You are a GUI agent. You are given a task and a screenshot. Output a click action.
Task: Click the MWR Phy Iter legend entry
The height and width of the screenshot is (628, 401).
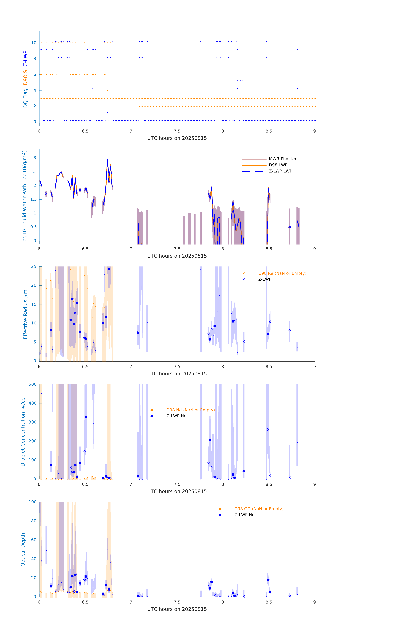(x=282, y=159)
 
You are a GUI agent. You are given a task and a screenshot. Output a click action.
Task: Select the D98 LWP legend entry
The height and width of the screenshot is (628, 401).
(x=278, y=165)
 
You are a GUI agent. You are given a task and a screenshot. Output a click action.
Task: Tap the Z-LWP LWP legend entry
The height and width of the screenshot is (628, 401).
(x=280, y=171)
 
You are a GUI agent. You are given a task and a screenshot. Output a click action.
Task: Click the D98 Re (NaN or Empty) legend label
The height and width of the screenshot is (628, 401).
(x=282, y=273)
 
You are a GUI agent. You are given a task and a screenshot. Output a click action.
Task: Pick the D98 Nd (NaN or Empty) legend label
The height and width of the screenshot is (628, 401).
(x=190, y=410)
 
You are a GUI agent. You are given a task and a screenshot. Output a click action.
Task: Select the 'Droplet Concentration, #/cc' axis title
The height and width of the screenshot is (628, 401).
(x=23, y=432)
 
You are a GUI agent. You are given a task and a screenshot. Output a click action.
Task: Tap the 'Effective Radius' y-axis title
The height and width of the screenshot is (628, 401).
(x=25, y=314)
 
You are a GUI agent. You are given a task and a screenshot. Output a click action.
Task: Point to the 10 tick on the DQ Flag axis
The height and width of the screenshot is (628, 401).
(x=34, y=43)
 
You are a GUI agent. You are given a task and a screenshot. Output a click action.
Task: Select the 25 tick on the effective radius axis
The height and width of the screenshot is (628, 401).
(x=34, y=267)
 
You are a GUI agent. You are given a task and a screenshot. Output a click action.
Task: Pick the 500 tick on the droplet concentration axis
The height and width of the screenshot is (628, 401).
(x=33, y=384)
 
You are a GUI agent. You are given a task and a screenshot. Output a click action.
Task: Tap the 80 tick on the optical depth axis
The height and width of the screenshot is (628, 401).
(x=34, y=521)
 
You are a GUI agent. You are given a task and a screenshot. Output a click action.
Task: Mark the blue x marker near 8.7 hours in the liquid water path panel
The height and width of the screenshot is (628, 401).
(x=289, y=227)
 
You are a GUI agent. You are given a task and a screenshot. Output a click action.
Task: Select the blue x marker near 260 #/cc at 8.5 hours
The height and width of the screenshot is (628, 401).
(x=268, y=430)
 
